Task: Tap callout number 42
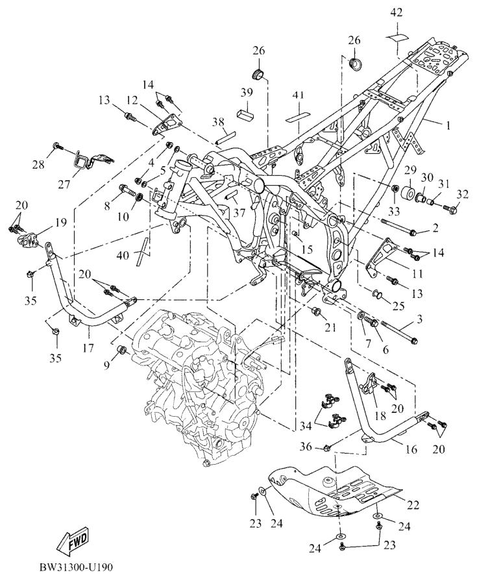(x=397, y=13)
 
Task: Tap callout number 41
(x=298, y=95)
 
